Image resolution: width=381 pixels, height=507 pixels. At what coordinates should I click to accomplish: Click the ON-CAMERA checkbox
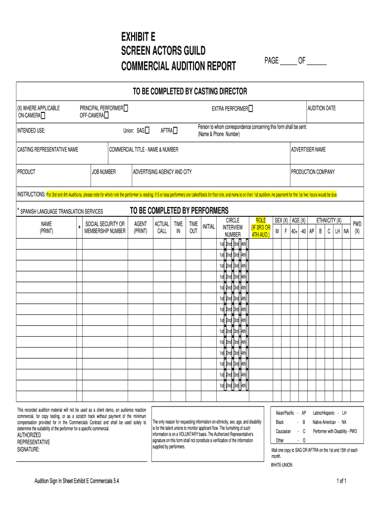43,116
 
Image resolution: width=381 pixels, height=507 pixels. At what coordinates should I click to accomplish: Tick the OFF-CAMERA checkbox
106,115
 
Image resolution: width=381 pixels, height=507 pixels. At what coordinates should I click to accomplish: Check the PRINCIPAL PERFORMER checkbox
126,108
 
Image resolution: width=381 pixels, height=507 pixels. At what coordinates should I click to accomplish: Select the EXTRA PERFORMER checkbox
251,108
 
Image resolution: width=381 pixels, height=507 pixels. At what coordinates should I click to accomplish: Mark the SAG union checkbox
147,131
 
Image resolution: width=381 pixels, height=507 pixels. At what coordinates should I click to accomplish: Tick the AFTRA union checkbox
175,131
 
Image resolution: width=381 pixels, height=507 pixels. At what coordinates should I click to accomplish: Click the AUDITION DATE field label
322,108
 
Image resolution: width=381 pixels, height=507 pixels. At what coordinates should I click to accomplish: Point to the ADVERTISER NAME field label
308,150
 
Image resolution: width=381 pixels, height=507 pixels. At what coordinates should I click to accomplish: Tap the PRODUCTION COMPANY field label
313,172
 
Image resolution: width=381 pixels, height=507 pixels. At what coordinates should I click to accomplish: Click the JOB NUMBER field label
104,172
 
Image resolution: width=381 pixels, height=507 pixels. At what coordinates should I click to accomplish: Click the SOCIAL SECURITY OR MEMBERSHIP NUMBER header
104,227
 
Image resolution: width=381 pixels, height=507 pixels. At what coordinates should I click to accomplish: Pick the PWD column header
357,227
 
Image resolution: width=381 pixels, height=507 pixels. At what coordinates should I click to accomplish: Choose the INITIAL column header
208,227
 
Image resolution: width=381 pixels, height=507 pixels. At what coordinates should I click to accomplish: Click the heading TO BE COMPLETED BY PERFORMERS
179,210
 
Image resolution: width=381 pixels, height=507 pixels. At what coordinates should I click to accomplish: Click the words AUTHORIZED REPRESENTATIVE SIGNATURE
34,442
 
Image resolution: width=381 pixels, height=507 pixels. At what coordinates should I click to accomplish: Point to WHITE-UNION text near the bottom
283,465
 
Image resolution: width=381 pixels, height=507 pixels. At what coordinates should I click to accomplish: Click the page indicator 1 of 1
341,481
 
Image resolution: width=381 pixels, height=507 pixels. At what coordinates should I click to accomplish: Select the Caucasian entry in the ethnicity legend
283,431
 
